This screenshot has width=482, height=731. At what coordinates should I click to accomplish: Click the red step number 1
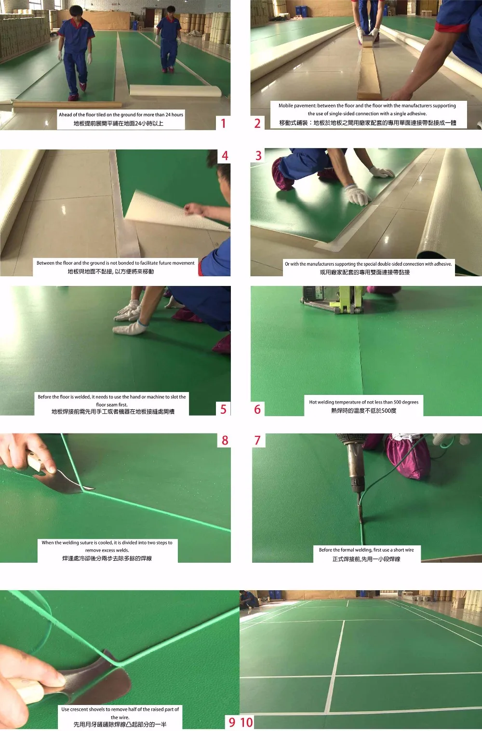[223, 123]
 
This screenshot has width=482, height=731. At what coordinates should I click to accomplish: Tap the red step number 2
[257, 123]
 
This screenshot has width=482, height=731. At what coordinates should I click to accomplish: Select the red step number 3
[258, 156]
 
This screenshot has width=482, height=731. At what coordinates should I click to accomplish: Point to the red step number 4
[225, 156]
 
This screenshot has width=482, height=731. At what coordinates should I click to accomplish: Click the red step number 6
[257, 409]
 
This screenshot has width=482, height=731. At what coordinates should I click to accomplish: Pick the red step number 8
[225, 441]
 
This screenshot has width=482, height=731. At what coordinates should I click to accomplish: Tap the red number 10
[247, 722]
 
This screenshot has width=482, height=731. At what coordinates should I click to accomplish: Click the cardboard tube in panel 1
[67, 105]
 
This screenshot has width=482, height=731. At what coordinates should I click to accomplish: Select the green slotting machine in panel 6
[333, 299]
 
